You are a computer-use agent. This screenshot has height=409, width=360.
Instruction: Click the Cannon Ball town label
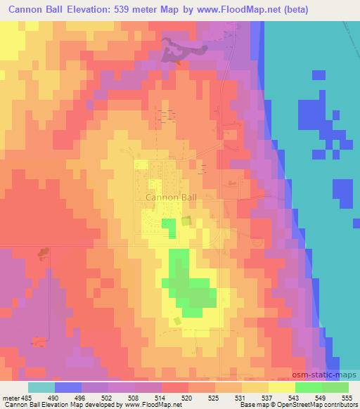tap(171, 198)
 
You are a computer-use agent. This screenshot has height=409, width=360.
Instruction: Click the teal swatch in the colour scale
tap(41, 387)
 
